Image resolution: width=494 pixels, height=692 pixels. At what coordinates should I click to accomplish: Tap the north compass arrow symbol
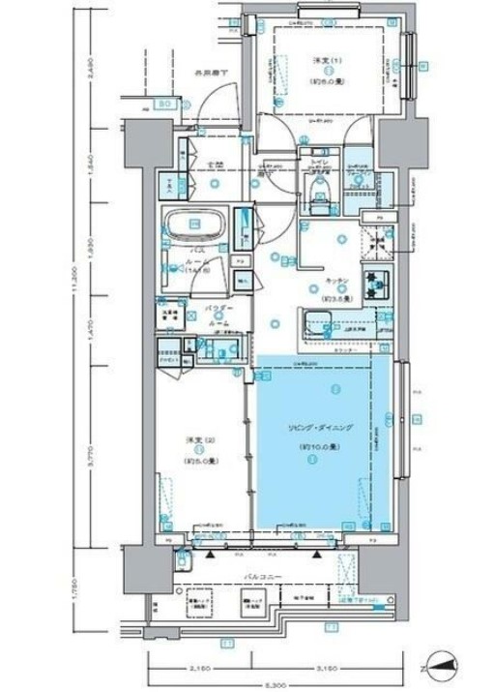[438, 666]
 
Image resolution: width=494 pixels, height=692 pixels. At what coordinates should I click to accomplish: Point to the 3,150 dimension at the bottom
[307, 668]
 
